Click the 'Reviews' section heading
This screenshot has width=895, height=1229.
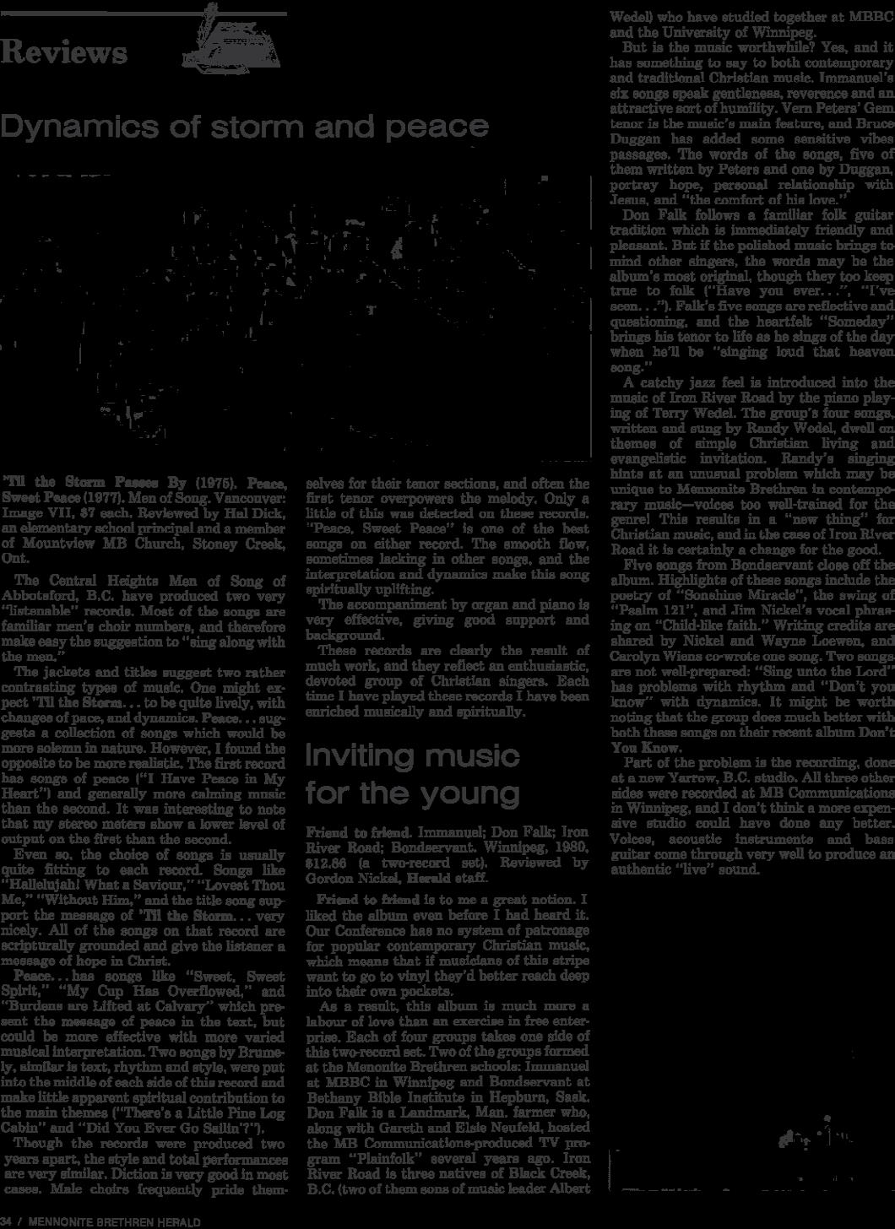(64, 52)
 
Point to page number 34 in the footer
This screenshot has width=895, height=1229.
(7, 1222)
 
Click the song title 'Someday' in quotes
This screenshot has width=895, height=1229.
(859, 322)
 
